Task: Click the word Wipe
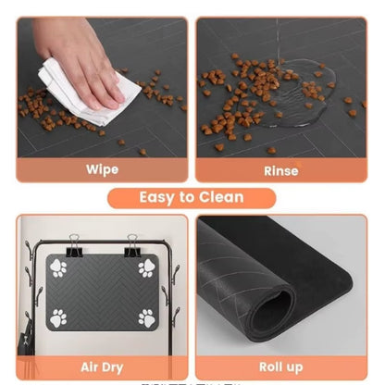pos(102,169)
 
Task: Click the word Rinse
pos(282,169)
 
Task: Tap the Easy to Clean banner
pos(192,197)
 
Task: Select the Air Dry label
pos(102,366)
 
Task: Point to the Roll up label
pos(282,366)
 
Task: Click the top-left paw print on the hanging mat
pos(57,269)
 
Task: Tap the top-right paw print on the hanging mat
pos(146,269)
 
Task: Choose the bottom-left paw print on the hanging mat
pos(57,318)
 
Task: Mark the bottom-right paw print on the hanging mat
pos(146,318)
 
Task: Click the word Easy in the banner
pos(158,197)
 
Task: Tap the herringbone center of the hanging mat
pos(102,293)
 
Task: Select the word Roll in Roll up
pos(272,366)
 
